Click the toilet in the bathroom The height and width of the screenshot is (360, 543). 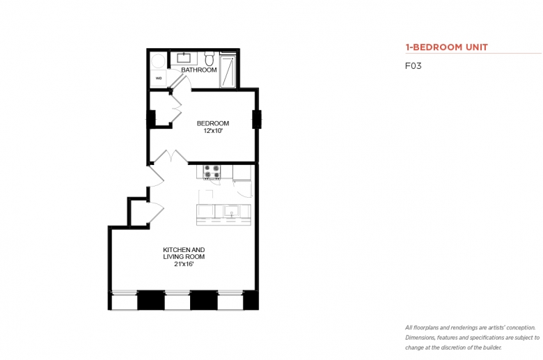click(209, 58)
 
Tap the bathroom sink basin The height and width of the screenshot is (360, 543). click(183, 58)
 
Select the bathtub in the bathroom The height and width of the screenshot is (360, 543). click(228, 71)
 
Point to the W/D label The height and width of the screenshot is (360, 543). click(159, 78)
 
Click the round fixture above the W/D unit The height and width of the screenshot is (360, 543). click(158, 61)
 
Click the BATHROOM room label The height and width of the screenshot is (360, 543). click(199, 70)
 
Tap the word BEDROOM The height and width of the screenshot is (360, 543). click(212, 123)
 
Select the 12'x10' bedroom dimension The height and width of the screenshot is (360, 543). click(212, 131)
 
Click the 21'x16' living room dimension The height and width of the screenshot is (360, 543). click(184, 264)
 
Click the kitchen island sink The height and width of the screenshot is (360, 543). click(231, 211)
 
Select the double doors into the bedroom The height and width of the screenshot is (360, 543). click(171, 156)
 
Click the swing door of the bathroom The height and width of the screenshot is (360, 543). click(180, 81)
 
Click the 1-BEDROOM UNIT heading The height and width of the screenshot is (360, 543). click(446, 47)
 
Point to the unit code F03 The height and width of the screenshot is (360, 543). click(413, 66)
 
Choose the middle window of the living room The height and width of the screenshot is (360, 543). click(178, 300)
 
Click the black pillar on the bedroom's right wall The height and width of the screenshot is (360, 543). click(257, 119)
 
